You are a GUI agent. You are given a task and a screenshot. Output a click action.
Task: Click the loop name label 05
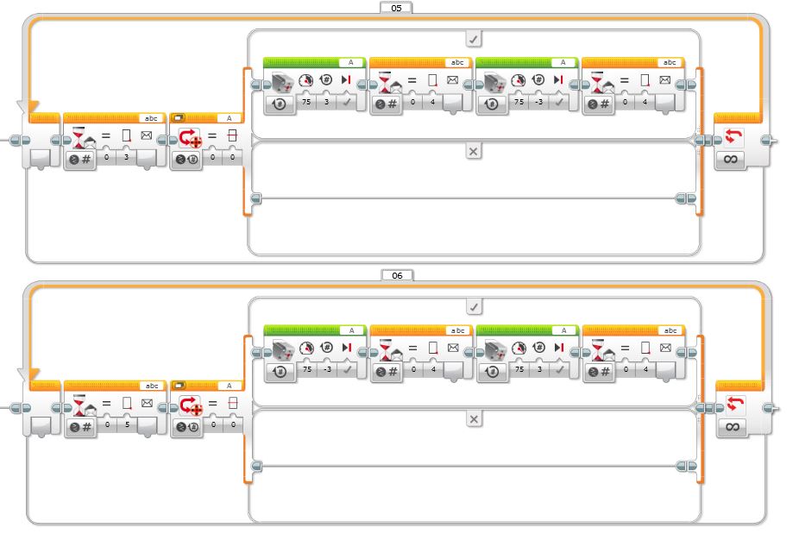(x=396, y=8)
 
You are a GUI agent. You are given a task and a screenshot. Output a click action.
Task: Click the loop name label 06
(x=397, y=275)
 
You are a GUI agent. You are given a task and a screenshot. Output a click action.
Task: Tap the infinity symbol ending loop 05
(x=730, y=160)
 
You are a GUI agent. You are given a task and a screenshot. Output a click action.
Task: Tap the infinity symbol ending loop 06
(x=732, y=426)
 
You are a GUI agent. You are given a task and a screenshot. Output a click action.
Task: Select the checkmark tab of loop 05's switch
(x=474, y=39)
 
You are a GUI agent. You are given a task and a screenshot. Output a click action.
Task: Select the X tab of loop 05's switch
(x=474, y=151)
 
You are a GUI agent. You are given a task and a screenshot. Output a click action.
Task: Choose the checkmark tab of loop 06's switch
(x=475, y=307)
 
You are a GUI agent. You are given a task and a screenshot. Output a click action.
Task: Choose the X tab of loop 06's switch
(x=475, y=419)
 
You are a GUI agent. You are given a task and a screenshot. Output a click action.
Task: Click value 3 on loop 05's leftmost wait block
(x=126, y=157)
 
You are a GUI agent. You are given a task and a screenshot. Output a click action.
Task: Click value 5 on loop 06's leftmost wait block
(x=128, y=424)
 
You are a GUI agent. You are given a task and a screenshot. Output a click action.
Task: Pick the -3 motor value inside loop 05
(x=539, y=102)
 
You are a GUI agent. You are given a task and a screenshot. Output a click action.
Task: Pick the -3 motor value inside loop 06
(x=327, y=369)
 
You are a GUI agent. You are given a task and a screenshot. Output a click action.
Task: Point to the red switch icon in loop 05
(x=191, y=137)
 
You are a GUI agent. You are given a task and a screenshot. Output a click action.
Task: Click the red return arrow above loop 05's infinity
(x=733, y=136)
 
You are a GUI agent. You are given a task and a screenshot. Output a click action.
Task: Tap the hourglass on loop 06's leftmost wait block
(x=79, y=404)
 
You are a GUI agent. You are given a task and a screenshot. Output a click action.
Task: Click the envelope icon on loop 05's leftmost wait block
(x=146, y=135)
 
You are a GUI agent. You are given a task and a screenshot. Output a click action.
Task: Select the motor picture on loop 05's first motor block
(x=283, y=82)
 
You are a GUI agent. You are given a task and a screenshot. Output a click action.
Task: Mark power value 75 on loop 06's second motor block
(x=519, y=369)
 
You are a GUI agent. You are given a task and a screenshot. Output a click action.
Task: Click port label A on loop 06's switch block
(x=229, y=386)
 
